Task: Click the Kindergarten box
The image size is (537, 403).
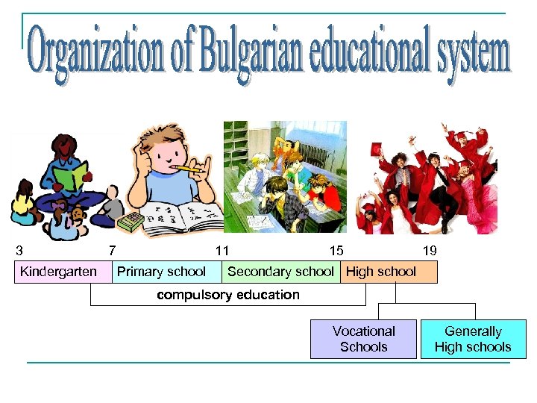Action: [x=58, y=272]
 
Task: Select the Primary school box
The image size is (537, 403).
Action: [x=162, y=272]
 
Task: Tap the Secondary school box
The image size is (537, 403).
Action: [x=280, y=272]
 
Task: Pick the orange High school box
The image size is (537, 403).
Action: [x=388, y=272]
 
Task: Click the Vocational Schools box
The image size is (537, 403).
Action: [x=363, y=339]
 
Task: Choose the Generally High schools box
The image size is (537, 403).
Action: [x=473, y=339]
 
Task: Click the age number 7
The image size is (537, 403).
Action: [x=112, y=251]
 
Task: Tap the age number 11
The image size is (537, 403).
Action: [x=222, y=251]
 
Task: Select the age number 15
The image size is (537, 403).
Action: [x=336, y=251]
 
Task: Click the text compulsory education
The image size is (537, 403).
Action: [x=227, y=295]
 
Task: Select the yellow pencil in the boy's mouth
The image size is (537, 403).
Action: [x=190, y=169]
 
